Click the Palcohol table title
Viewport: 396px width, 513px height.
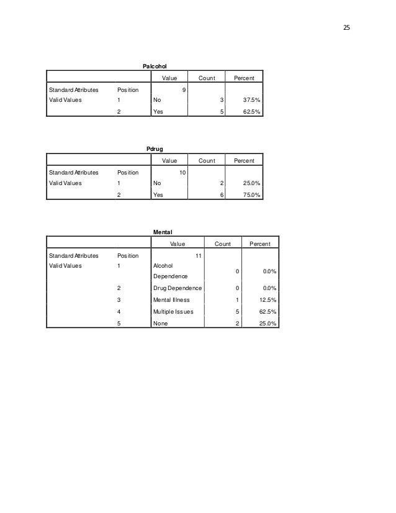coord(155,65)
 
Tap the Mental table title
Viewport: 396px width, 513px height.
coord(163,232)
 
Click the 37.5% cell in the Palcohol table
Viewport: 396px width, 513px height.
coord(251,100)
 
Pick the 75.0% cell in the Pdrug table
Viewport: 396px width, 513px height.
coord(251,195)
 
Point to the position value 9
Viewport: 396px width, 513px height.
coord(182,89)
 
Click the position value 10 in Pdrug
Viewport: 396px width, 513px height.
coord(181,172)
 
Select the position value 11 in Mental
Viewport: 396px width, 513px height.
coord(199,255)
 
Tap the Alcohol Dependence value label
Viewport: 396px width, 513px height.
coord(170,271)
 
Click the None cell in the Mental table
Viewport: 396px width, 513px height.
coord(160,324)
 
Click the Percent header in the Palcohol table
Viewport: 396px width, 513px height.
coord(243,78)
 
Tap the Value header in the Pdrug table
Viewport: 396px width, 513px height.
coord(170,161)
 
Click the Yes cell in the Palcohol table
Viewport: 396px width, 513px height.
coord(158,112)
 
